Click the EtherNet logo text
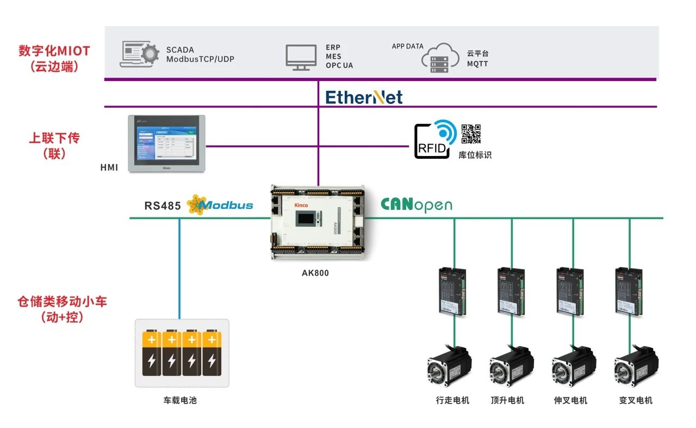[364, 97]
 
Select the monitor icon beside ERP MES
[301, 57]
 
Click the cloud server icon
[440, 58]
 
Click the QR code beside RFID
[471, 134]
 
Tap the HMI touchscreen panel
[166, 144]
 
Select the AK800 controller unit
[318, 222]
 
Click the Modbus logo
[220, 204]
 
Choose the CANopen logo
[416, 204]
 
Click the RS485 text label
[162, 206]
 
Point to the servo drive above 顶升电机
[512, 291]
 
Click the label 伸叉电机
[570, 401]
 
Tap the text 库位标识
[475, 155]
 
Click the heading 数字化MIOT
[54, 51]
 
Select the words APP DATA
[407, 46]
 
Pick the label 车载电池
[179, 401]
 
